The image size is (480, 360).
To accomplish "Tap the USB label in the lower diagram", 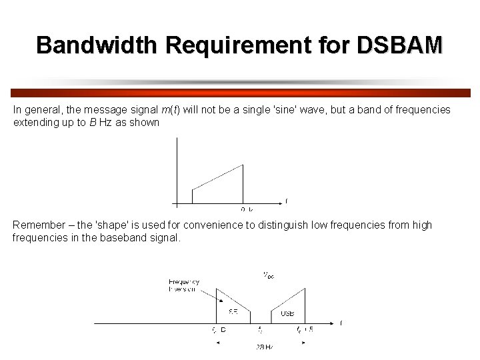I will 287,313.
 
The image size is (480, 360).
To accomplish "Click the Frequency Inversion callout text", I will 184,286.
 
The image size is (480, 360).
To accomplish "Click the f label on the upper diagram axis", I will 287,201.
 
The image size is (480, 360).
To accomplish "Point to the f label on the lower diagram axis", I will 341,323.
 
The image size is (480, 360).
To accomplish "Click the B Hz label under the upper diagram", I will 247,209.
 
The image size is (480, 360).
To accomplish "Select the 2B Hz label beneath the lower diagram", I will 265,347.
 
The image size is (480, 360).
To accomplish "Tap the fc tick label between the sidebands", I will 260,330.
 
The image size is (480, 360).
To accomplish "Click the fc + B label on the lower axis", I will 305,330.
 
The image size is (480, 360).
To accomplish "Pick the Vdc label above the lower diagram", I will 267,274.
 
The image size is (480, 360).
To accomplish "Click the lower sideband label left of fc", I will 233,313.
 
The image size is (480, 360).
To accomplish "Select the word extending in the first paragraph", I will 35,122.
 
